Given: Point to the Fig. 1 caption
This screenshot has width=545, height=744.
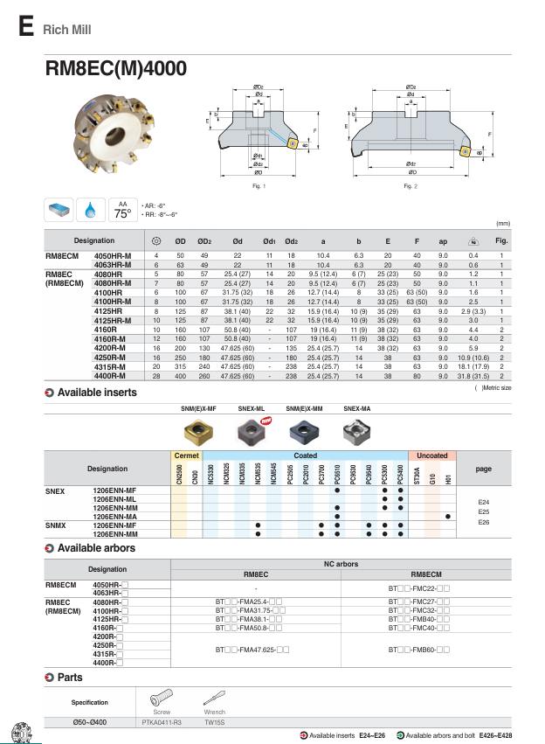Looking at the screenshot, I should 258,186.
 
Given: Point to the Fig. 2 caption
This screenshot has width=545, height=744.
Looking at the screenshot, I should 410,186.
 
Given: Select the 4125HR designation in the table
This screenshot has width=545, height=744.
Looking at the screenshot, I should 108,311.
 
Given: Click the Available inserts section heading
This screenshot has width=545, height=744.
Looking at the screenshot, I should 96,393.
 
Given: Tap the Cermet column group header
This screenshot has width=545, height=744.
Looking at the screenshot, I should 187,455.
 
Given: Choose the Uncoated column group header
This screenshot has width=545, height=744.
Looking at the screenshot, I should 431,455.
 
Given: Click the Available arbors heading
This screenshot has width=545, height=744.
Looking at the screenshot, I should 96,548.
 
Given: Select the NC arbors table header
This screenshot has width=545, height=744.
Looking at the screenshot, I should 341,565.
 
